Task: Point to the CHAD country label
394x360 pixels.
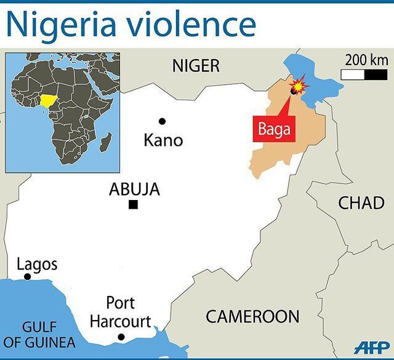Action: coord(361,202)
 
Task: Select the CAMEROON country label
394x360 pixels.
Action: coord(252,317)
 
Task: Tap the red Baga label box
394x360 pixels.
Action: coord(274,130)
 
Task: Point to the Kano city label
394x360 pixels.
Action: coord(163,140)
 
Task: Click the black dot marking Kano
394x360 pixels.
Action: coord(163,121)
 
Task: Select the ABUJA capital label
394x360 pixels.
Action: coord(134,190)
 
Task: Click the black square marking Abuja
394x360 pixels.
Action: coord(133,205)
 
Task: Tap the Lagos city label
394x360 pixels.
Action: coord(37,265)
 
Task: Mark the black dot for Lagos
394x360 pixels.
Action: coord(27,277)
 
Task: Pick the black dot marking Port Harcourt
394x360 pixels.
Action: coord(121,337)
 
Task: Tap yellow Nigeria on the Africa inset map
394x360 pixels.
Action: coord(49,100)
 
